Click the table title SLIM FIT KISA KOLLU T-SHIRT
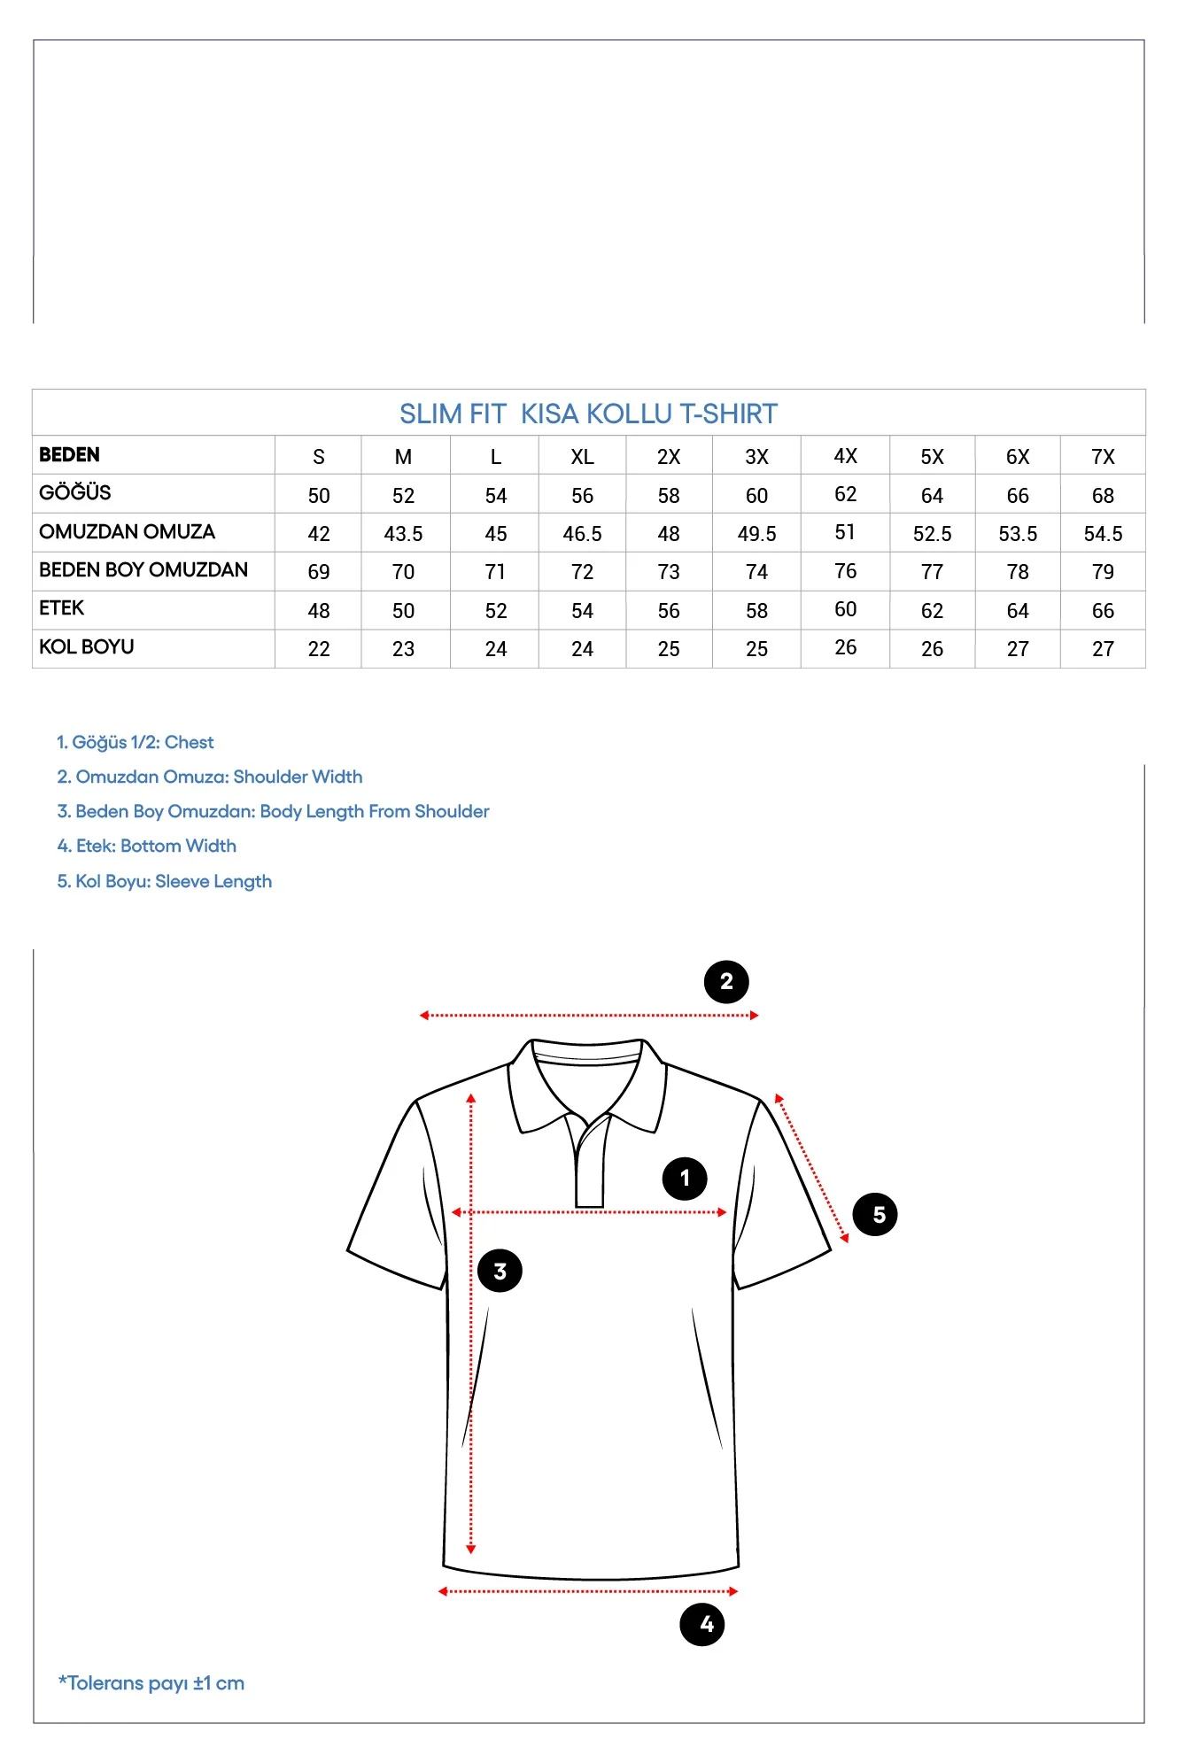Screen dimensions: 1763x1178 point(588,414)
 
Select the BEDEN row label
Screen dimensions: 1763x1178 point(69,455)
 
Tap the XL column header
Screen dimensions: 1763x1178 point(582,457)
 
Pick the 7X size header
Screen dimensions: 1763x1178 point(1103,457)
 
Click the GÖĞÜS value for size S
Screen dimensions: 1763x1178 point(319,496)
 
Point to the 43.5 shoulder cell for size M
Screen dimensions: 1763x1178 point(403,534)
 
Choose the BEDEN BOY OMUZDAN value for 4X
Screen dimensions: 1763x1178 point(845,571)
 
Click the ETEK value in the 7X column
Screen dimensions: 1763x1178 point(1103,611)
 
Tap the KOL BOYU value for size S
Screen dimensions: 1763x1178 point(319,649)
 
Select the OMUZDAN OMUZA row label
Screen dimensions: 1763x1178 point(127,532)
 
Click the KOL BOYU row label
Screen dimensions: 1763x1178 point(86,647)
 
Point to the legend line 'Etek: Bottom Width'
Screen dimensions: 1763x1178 point(147,846)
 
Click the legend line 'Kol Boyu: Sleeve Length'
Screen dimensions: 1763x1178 point(165,881)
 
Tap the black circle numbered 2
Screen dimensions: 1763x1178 point(726,982)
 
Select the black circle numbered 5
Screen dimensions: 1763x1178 point(875,1214)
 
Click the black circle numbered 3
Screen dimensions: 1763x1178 point(500,1271)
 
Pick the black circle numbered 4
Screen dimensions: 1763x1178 point(702,1624)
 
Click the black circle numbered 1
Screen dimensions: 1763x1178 point(685,1179)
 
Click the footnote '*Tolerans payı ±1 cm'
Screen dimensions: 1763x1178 point(151,1683)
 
